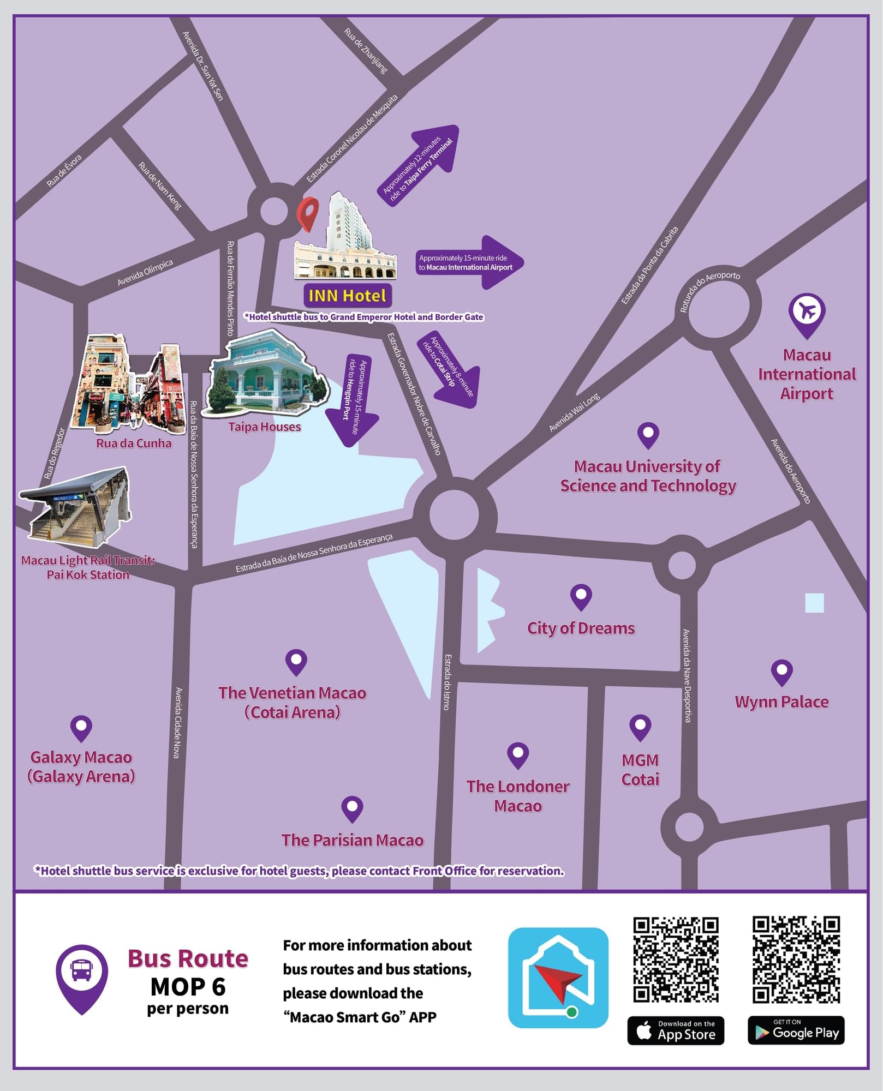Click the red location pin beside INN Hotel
click(308, 213)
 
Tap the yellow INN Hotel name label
click(348, 296)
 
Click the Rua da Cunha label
click(134, 443)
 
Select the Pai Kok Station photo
click(76, 507)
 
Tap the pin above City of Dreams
click(581, 596)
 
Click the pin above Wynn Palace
click(781, 672)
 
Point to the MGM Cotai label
click(640, 770)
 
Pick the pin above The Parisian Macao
click(352, 808)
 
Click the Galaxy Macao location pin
click(81, 728)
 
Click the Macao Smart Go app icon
click(558, 977)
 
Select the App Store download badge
click(676, 1030)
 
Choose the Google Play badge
click(796, 1030)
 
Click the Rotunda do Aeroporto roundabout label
click(709, 292)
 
